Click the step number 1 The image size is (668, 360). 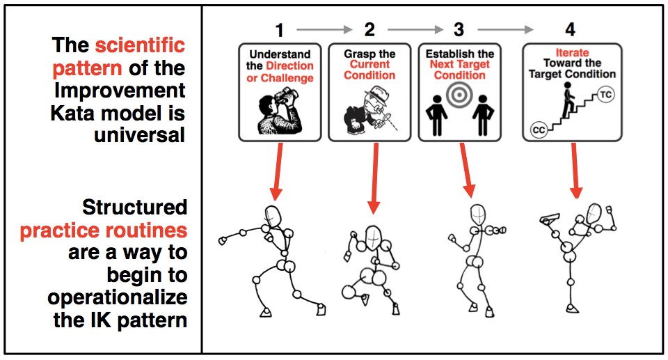pos(280,30)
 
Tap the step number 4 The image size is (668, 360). pos(571,30)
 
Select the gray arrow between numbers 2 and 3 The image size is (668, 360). pos(415,30)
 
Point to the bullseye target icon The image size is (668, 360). pos(458,96)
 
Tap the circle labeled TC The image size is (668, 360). pos(605,95)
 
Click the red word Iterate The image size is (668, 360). pos(571,52)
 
